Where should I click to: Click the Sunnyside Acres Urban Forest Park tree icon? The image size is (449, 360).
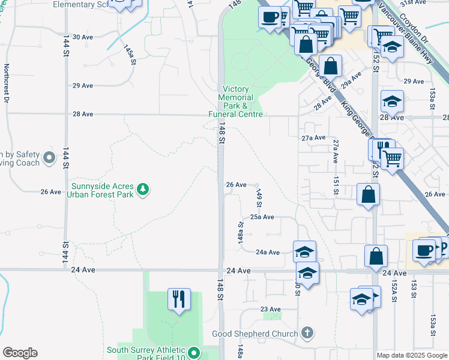point(143,189)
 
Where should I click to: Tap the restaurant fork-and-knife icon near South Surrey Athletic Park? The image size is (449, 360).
point(178,299)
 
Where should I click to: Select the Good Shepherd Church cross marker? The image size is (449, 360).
point(307,333)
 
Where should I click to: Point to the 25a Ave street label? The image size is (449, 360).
point(262,217)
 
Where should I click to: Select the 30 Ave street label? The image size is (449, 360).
point(83,37)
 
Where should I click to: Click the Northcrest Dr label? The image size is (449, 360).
point(7,84)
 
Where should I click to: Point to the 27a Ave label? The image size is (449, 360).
point(313,138)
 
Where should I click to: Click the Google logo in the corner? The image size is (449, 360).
point(20,353)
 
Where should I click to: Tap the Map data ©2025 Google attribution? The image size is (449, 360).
point(412,355)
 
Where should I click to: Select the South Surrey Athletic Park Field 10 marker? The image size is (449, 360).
point(194,353)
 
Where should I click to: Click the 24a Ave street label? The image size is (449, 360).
point(268,253)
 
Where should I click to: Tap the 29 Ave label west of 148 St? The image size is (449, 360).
point(83,86)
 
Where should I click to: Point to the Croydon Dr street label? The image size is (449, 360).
point(414,27)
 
